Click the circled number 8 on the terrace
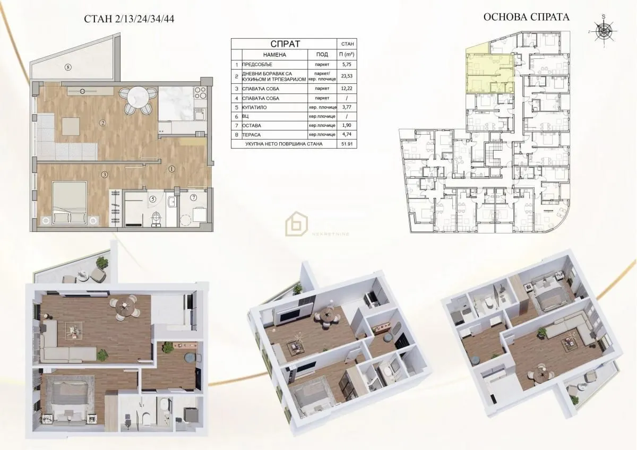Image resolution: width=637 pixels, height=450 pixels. (67, 67)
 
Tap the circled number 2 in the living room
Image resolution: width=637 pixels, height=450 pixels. (102, 123)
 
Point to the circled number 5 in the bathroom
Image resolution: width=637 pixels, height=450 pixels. (153, 199)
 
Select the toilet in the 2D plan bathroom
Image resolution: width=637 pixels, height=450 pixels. (154, 218)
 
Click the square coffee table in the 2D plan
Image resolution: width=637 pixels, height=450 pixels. (70, 126)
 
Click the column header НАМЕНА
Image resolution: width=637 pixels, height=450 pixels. (274, 54)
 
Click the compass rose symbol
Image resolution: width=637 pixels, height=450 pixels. (605, 32)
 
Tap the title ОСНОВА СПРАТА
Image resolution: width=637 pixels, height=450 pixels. (527, 17)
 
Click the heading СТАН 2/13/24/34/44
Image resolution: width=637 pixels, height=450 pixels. (130, 19)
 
